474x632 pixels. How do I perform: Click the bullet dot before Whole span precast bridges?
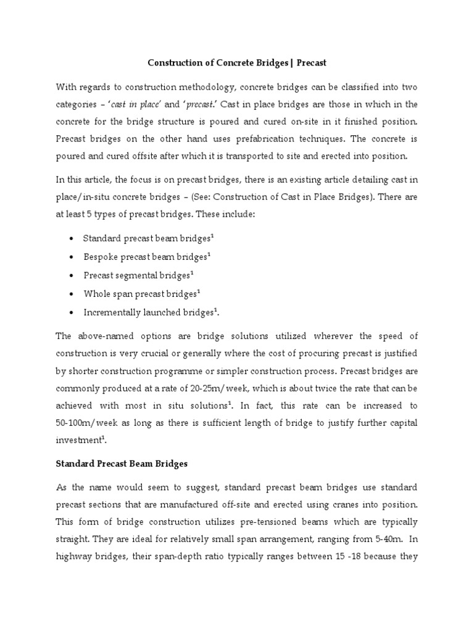click(73, 294)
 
